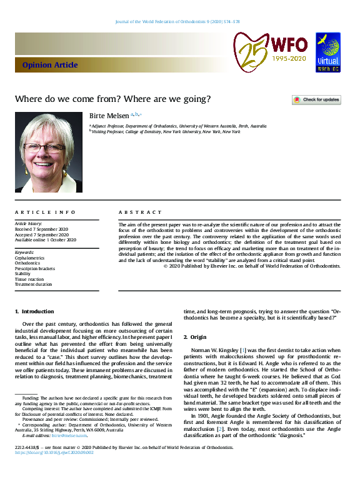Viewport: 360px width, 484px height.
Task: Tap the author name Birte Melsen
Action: pyautogui.click(x=109, y=115)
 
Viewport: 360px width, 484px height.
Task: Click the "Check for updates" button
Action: pyautogui.click(x=316, y=99)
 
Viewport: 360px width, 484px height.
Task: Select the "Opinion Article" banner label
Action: pyautogui.click(x=50, y=65)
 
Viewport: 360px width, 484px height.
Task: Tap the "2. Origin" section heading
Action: pyautogui.click(x=199, y=338)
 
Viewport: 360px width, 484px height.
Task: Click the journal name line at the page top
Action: pyautogui.click(x=177, y=21)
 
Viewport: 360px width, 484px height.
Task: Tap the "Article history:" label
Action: pyautogui.click(x=28, y=224)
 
